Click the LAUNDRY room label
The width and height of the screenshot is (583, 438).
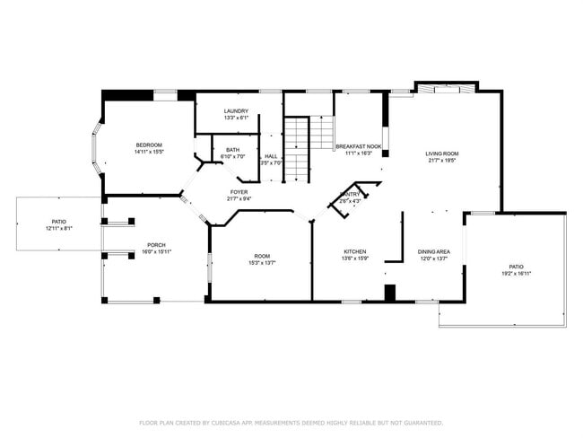click(x=236, y=111)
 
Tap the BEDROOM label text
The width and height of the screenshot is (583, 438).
click(x=149, y=145)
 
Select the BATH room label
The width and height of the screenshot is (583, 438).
click(x=232, y=150)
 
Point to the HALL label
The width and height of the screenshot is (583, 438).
click(x=270, y=156)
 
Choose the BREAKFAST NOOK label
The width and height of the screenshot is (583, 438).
click(x=359, y=145)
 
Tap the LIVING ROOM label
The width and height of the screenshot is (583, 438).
click(x=441, y=153)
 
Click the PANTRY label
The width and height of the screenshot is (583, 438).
click(x=350, y=194)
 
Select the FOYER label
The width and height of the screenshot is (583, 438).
click(x=239, y=192)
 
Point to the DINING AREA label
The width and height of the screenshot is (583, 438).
click(x=434, y=251)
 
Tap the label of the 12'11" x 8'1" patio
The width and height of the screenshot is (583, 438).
click(x=59, y=221)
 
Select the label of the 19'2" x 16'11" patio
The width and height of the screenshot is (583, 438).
click(x=516, y=267)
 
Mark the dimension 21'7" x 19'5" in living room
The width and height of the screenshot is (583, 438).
click(x=441, y=161)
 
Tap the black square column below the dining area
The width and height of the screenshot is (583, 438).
click(x=389, y=293)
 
